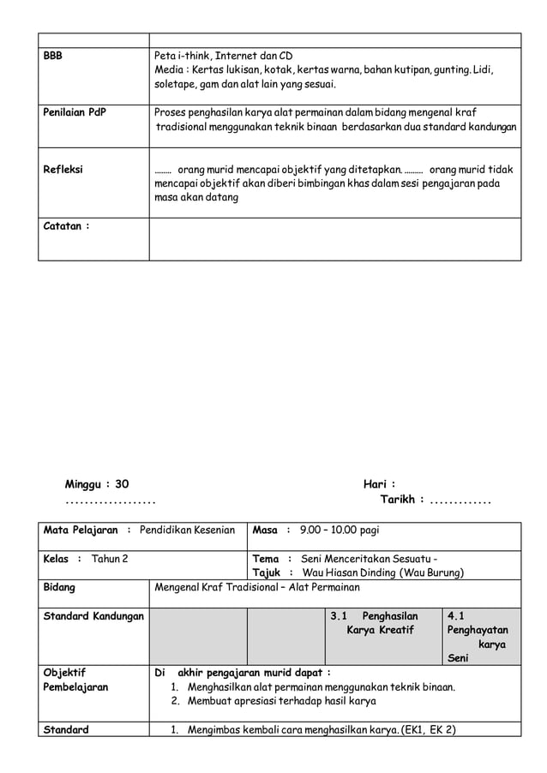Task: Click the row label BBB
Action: pos(53,56)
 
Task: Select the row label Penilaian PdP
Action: pos(75,112)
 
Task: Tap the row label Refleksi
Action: pos(63,170)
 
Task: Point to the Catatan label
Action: pos(66,226)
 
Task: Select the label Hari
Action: pos(378,484)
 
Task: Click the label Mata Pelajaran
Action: pos(81,530)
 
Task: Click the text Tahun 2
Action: pos(110,559)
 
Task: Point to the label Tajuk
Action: pos(267,572)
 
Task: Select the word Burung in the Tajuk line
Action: pos(443,572)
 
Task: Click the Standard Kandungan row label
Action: pos(93,615)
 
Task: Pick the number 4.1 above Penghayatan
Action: pos(456,615)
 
